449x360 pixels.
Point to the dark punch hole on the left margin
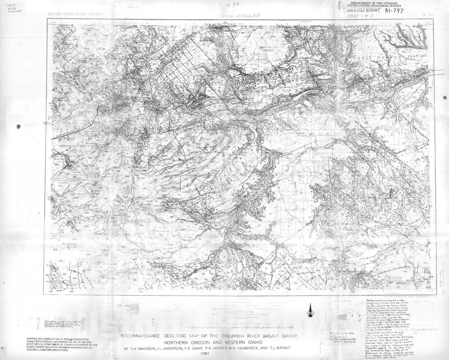[19, 127]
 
